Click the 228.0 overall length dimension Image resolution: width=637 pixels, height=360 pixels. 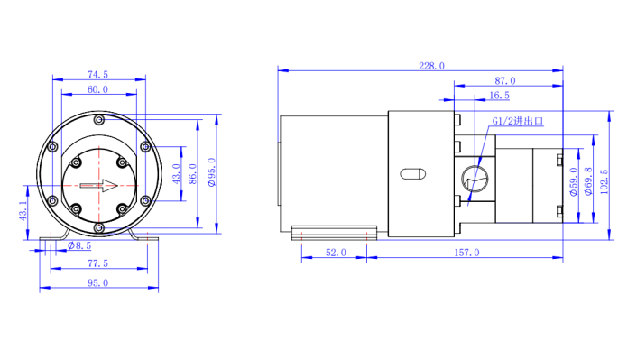(x=431, y=66)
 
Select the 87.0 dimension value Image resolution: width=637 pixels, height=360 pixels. (x=505, y=81)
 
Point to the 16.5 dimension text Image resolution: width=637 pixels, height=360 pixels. (x=499, y=96)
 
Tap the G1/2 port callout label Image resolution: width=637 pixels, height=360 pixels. (x=518, y=121)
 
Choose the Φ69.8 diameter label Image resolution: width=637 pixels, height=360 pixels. (x=588, y=181)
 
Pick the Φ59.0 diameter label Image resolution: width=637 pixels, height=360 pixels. (x=574, y=182)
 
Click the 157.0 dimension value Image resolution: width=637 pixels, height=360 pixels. (x=466, y=253)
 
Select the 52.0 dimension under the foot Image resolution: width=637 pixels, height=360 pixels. (x=336, y=253)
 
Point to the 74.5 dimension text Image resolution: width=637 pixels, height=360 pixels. (x=98, y=75)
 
